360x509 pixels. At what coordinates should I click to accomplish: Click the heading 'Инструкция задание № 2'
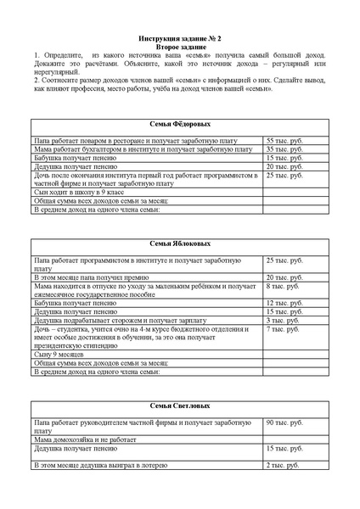pos(180,39)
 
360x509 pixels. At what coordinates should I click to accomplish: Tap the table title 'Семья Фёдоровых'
pos(180,124)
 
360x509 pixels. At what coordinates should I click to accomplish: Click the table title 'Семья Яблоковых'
pos(180,243)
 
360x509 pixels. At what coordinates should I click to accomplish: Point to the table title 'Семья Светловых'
pos(180,406)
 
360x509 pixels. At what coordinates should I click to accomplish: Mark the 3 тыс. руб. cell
pos(283,321)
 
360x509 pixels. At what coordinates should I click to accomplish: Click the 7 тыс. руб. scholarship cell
pos(283,329)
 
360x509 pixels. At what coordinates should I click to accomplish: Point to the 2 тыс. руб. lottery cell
pos(283,466)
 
